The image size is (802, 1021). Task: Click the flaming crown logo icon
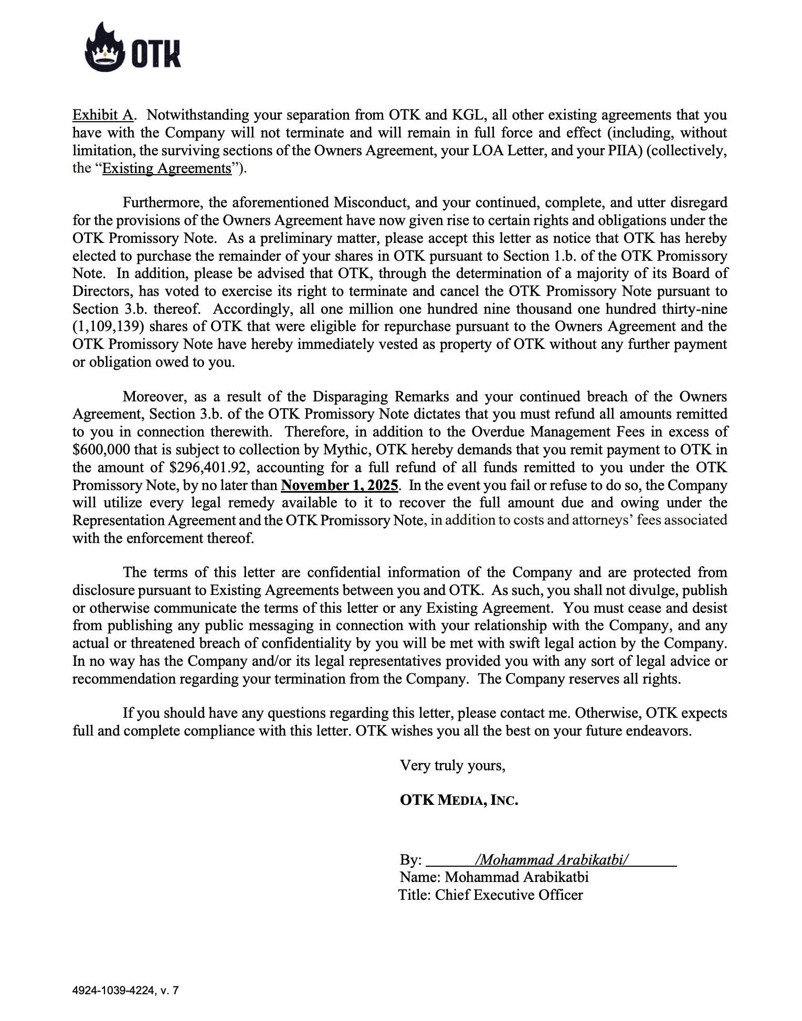[104, 48]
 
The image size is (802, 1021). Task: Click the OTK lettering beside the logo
[156, 54]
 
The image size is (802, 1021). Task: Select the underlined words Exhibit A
[102, 115]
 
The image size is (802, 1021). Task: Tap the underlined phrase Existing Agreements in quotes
[166, 168]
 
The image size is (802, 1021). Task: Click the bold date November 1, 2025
[340, 485]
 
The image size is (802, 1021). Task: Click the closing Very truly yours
[452, 765]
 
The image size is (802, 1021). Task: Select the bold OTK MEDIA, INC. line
[459, 800]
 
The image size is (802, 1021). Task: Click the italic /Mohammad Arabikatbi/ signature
[551, 859]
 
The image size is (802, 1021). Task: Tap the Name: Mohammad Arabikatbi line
[494, 877]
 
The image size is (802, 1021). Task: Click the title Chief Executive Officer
[509, 895]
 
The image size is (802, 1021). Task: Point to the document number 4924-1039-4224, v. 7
[125, 991]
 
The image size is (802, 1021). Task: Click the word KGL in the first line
[462, 115]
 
